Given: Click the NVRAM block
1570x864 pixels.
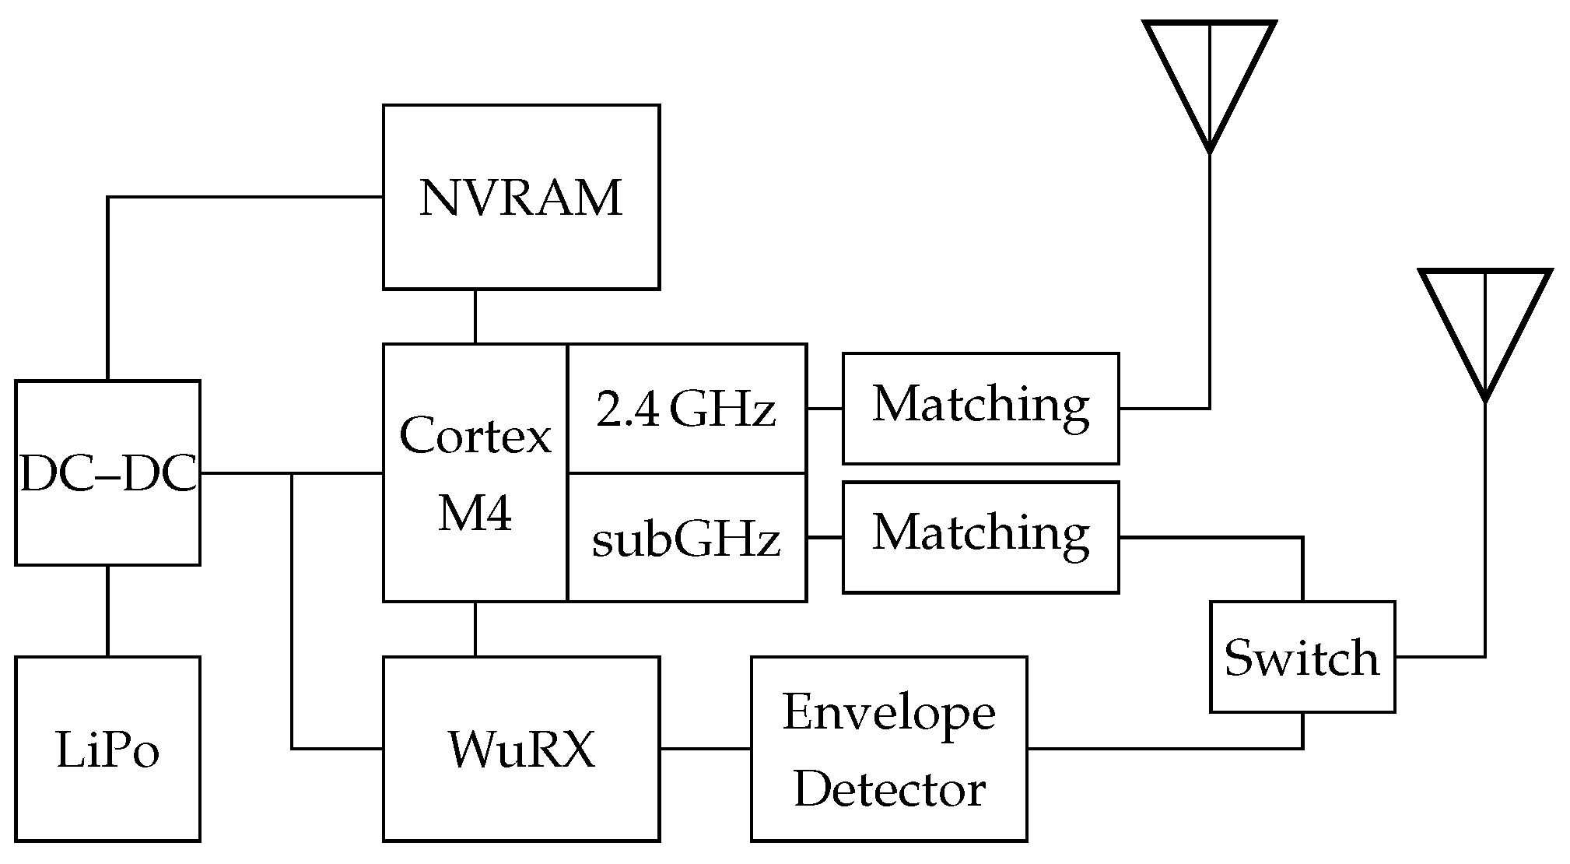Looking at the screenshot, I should (521, 198).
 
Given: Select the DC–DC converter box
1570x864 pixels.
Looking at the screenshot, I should (107, 472).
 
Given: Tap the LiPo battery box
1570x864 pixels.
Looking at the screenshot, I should (107, 749).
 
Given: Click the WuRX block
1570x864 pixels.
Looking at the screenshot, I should (521, 749).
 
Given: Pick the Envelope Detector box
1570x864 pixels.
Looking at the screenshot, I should (888, 749).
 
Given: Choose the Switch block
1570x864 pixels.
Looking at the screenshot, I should (1302, 657).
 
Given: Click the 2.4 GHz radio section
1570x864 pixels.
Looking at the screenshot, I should (686, 409).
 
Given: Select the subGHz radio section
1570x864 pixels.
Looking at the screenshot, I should (686, 538).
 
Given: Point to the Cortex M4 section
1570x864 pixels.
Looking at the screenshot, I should (475, 472).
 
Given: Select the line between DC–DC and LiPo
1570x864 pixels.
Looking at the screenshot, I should (107, 611).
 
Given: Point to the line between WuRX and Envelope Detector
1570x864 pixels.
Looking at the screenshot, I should (705, 749).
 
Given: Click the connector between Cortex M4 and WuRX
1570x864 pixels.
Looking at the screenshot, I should (475, 629).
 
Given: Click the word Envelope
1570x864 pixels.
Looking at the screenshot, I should (888, 712).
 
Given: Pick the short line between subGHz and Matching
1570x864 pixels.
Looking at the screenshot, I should (825, 538).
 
